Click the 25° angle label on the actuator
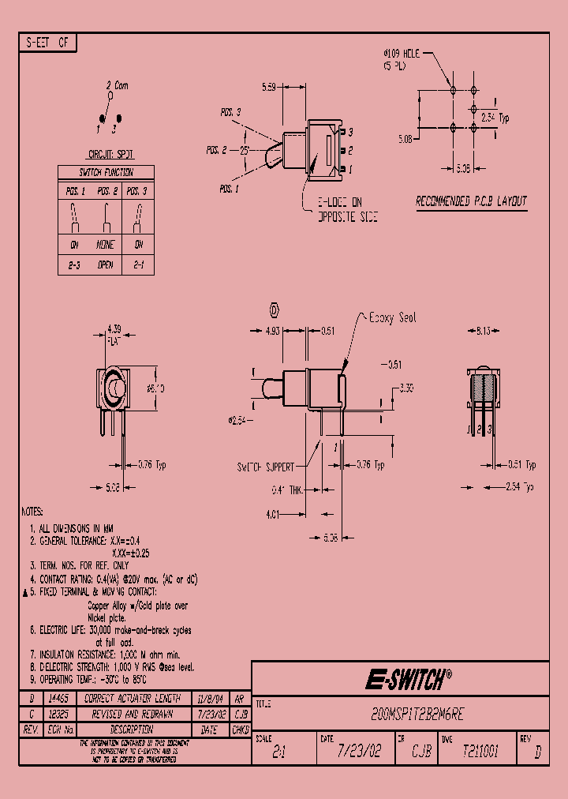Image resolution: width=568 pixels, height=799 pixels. click(245, 149)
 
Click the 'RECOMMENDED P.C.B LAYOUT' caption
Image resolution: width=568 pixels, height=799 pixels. click(471, 202)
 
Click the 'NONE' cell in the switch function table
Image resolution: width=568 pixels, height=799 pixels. click(106, 245)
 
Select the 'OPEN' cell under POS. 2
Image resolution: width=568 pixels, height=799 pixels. click(106, 265)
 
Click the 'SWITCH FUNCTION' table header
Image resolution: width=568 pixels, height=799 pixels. click(106, 172)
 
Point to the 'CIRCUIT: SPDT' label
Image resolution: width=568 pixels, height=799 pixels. click(106, 156)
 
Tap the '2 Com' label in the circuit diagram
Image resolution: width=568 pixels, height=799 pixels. click(117, 86)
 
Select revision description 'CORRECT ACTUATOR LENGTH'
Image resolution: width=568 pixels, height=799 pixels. click(133, 699)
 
